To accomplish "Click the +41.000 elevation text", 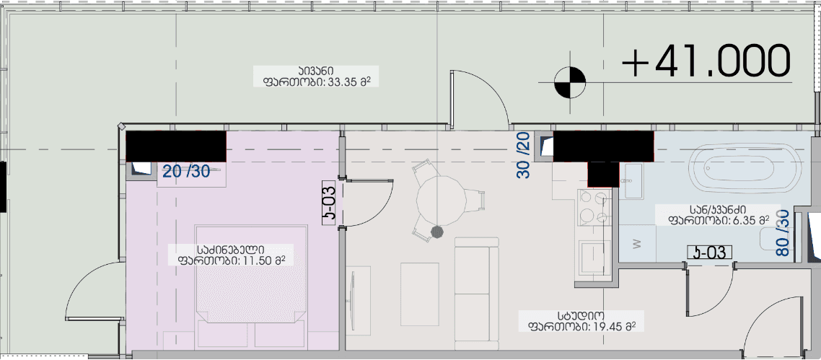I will pyautogui.click(x=707, y=61).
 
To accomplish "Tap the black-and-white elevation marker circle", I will pyautogui.click(x=570, y=82).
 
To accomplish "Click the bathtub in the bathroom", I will pyautogui.click(x=744, y=167).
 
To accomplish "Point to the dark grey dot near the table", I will pyautogui.click(x=436, y=232).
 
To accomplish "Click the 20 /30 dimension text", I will pyautogui.click(x=186, y=172).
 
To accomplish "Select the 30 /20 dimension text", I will pyautogui.click(x=524, y=154).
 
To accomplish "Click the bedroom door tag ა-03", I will pyautogui.click(x=328, y=203).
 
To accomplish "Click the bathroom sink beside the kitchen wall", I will pyautogui.click(x=633, y=180).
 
